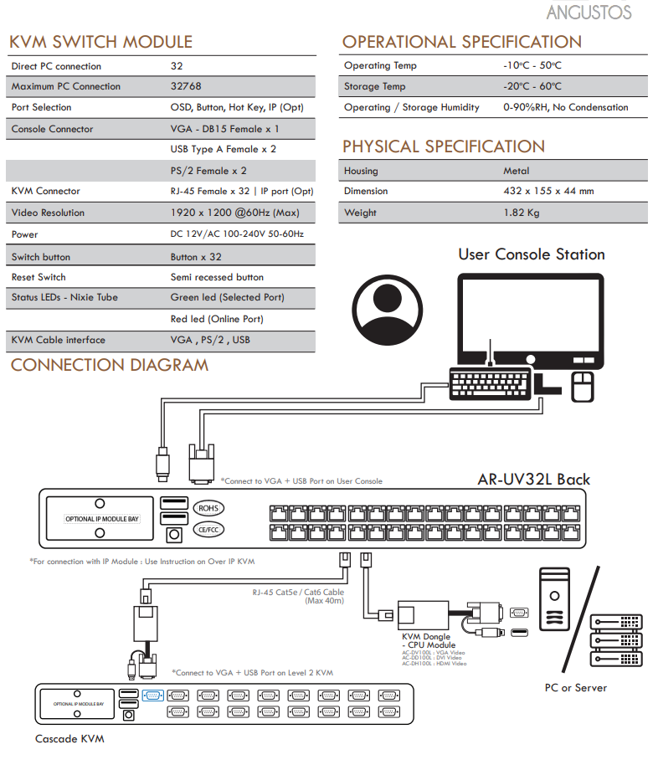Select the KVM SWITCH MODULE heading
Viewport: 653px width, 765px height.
100,42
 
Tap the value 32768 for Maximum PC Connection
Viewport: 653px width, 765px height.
186,86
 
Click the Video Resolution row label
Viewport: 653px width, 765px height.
48,213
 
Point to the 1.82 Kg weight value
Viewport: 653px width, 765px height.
522,213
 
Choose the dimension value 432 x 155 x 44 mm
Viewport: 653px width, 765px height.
548,191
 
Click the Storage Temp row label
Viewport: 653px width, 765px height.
374,86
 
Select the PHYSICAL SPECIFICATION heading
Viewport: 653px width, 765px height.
444,146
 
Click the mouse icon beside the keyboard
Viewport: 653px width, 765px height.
583,386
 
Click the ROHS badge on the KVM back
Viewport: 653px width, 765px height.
208,508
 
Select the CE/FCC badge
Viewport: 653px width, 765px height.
208,529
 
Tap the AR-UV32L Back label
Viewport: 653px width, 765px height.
533,480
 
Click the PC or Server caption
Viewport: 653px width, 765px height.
576,688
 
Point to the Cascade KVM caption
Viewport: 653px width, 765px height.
69,739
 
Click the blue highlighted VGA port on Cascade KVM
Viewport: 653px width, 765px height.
153,695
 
